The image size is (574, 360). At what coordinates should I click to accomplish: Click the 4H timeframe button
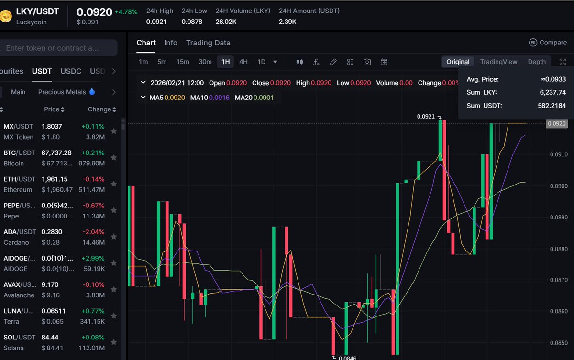click(243, 62)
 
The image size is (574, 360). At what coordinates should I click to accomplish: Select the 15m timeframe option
click(183, 62)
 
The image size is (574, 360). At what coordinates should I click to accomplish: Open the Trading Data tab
click(208, 43)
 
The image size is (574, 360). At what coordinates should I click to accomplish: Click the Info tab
click(171, 43)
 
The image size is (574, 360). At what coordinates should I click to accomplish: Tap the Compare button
click(548, 43)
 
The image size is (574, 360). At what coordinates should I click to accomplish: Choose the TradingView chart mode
click(498, 62)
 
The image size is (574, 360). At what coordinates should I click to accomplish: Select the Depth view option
click(537, 62)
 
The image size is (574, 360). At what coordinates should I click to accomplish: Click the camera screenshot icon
click(367, 62)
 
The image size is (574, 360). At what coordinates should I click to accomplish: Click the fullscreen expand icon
click(563, 62)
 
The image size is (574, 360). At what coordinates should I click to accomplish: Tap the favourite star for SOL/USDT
click(114, 342)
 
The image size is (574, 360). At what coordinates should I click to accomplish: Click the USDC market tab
click(71, 71)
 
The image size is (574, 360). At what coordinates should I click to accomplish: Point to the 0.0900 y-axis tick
click(559, 186)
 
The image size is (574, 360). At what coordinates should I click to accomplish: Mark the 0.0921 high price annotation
click(426, 116)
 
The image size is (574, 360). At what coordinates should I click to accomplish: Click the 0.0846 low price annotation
click(347, 358)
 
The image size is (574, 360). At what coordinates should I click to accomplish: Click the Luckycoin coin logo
click(6, 16)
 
